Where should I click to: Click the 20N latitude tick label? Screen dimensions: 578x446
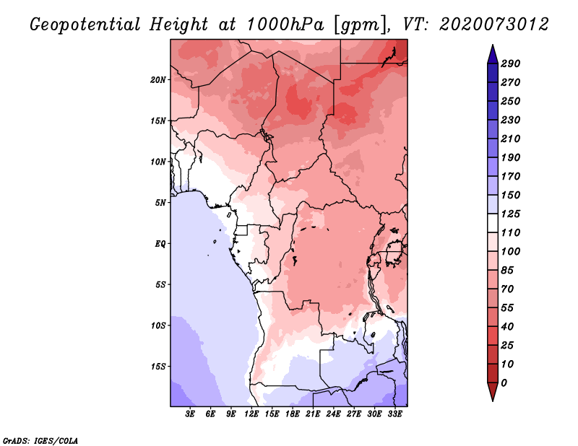[158, 80]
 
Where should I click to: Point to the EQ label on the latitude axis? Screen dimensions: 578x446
[160, 244]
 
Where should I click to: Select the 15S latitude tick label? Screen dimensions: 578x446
[158, 367]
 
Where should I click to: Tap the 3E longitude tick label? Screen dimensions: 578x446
[190, 414]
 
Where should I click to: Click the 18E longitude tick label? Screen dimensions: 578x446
[293, 414]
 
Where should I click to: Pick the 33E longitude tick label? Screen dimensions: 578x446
[394, 414]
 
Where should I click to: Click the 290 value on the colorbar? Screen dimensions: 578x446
[511, 64]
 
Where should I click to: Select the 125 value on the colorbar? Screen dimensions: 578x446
[511, 214]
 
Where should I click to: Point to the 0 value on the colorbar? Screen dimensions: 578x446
[504, 383]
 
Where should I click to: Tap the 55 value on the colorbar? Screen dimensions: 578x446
[507, 308]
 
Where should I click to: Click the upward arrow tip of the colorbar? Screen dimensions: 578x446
[493, 45]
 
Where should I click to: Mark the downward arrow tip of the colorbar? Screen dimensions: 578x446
[493, 401]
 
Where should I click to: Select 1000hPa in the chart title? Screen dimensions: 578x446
[285, 25]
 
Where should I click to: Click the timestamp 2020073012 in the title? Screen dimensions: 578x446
[494, 25]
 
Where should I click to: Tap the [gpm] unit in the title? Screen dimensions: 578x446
[361, 25]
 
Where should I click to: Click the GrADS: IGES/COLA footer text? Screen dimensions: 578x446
[40, 441]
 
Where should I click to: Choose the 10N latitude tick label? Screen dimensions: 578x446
[158, 162]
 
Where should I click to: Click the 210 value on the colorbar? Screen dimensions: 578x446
[511, 139]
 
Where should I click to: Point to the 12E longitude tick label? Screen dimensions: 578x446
[251, 414]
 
